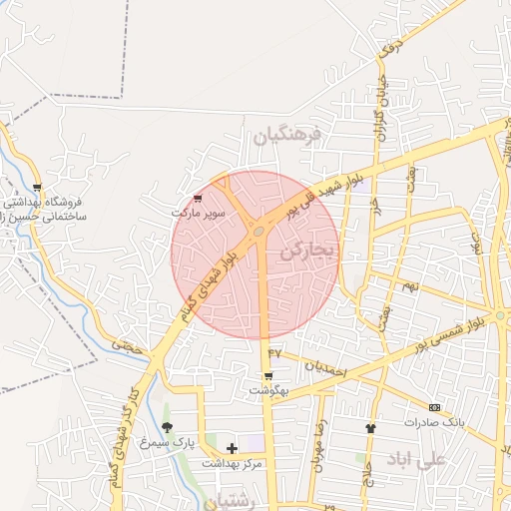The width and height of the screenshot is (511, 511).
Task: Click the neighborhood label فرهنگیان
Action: [289, 134]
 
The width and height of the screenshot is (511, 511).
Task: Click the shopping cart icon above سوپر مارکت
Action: [197, 198]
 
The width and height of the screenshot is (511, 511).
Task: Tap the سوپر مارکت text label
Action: [194, 213]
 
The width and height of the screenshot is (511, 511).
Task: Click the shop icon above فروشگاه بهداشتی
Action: [37, 187]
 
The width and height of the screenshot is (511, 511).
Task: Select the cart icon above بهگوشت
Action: [267, 376]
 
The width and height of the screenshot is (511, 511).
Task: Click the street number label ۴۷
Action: [275, 352]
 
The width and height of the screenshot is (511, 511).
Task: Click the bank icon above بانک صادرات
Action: [434, 407]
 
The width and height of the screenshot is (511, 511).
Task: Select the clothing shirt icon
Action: [371, 427]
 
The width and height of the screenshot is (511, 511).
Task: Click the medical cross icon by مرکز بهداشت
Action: [233, 448]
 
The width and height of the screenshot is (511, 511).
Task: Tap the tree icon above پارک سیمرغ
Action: [168, 427]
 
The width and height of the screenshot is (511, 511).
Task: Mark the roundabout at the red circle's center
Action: [258, 232]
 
